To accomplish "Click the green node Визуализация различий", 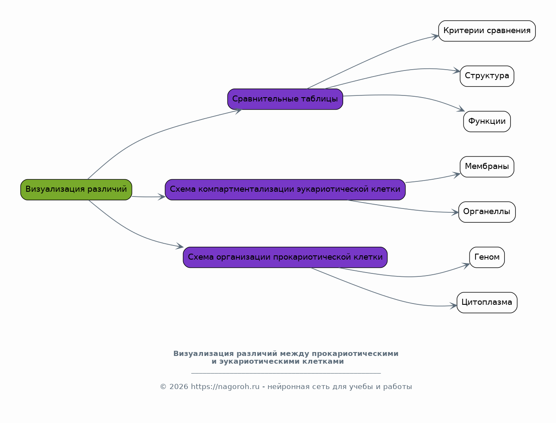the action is pyautogui.click(x=76, y=190).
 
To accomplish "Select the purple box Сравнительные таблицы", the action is pyautogui.click(x=285, y=99).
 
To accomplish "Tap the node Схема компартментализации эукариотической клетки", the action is pyautogui.click(x=285, y=190).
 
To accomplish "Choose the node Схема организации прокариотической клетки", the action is pyautogui.click(x=285, y=257).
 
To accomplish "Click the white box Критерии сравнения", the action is pyautogui.click(x=487, y=31).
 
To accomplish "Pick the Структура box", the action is pyautogui.click(x=487, y=76).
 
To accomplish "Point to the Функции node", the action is pyautogui.click(x=487, y=122).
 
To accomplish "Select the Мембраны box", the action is pyautogui.click(x=487, y=167).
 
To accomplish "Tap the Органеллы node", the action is pyautogui.click(x=487, y=212).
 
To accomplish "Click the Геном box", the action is pyautogui.click(x=487, y=257).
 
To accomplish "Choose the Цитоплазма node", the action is pyautogui.click(x=487, y=303).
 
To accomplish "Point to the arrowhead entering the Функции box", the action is pyautogui.click(x=461, y=109).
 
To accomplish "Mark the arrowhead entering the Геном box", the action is pyautogui.click(x=466, y=266).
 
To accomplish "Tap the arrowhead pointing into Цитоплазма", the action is pyautogui.click(x=453, y=306).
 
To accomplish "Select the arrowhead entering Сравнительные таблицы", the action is pyautogui.click(x=238, y=111).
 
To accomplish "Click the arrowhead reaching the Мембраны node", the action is pyautogui.click(x=456, y=175).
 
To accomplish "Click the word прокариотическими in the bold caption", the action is pyautogui.click(x=355, y=354).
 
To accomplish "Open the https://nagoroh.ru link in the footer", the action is pyautogui.click(x=225, y=387).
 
